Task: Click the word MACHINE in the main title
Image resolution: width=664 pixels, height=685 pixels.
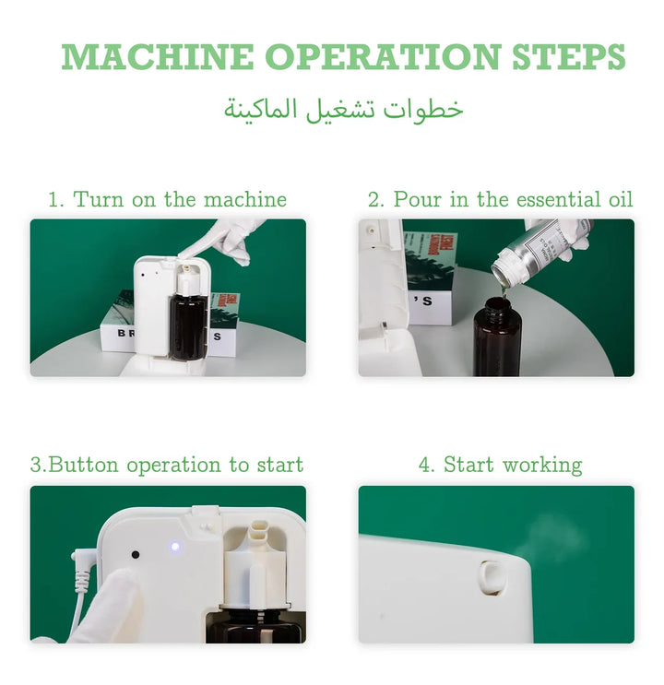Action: (x=157, y=57)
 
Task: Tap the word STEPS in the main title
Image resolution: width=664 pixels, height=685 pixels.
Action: (x=568, y=57)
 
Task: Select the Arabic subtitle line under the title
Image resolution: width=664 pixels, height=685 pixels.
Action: (x=344, y=110)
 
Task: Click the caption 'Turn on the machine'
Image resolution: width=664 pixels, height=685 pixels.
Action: (x=180, y=199)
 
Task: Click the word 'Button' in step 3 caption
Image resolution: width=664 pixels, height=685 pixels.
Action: (x=83, y=464)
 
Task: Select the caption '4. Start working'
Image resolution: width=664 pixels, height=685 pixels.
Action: (x=500, y=465)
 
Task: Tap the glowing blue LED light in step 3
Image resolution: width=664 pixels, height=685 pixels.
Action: (x=175, y=546)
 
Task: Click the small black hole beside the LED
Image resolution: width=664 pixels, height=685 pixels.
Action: (x=136, y=555)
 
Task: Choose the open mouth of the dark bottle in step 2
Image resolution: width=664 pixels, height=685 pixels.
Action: (x=498, y=302)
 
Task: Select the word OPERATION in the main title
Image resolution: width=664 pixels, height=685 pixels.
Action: (x=383, y=57)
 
